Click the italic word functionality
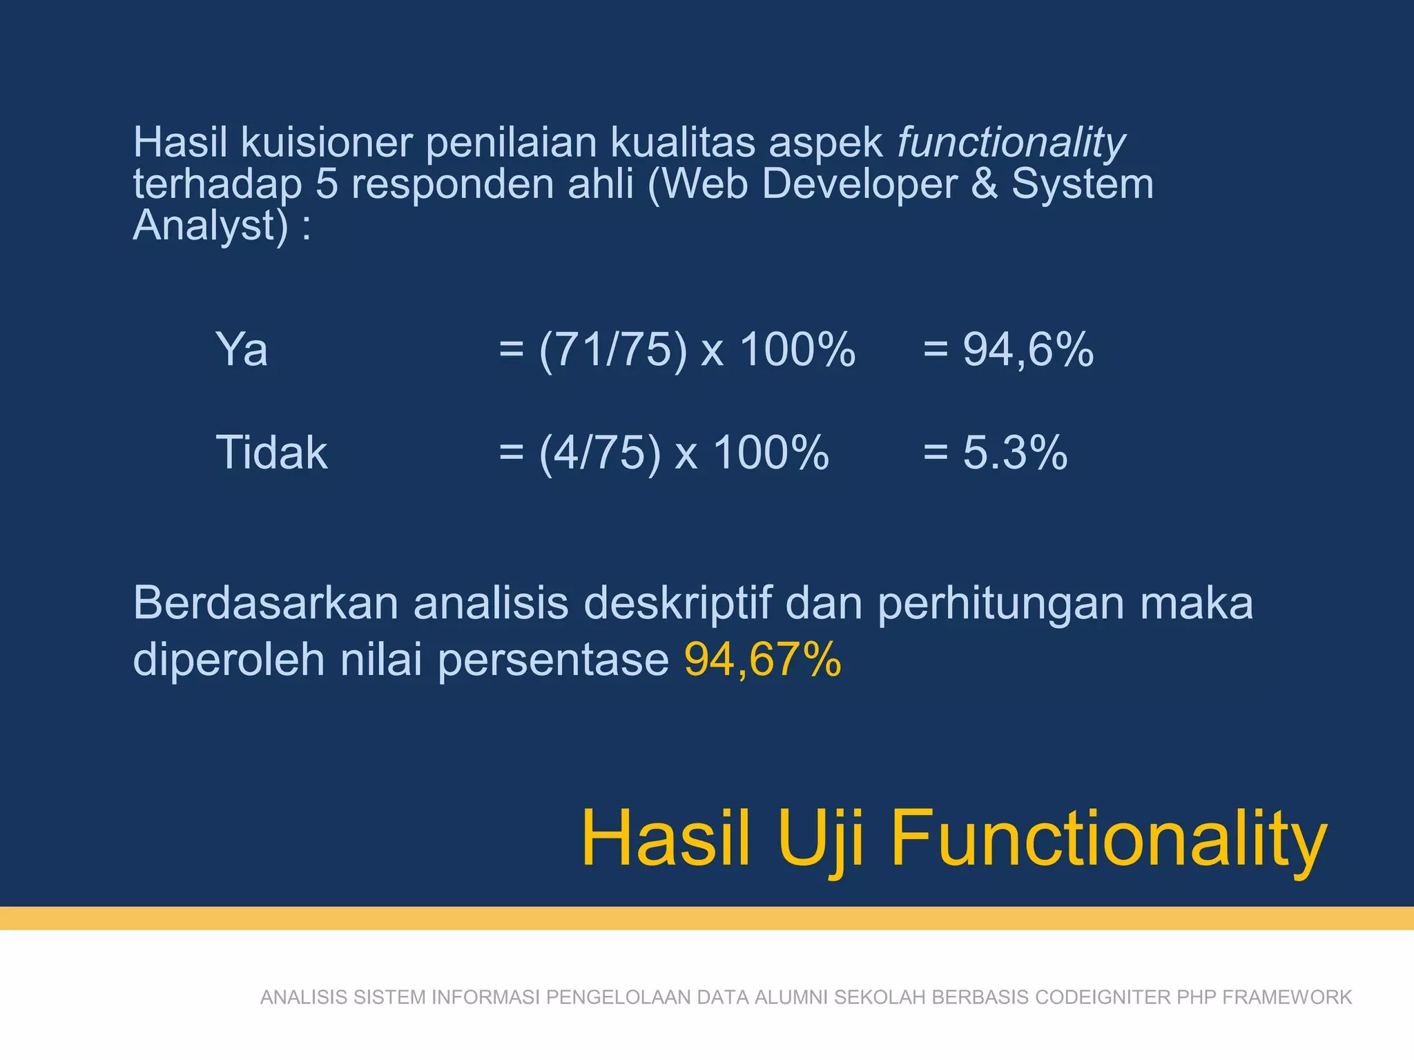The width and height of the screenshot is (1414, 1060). pyautogui.click(x=1011, y=144)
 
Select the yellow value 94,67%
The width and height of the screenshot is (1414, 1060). pyautogui.click(x=762, y=660)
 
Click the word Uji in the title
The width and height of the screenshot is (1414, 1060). pyautogui.click(x=820, y=838)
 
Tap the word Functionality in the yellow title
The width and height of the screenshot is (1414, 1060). pyautogui.click(x=1108, y=838)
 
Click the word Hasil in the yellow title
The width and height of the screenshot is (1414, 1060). pyautogui.click(x=666, y=838)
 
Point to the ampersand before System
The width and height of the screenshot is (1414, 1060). pyautogui.click(x=984, y=184)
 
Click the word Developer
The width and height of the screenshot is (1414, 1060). pyautogui.click(x=860, y=184)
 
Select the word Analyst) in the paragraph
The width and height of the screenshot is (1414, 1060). pyautogui.click(x=210, y=226)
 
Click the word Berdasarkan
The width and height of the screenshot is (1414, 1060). pyautogui.click(x=266, y=603)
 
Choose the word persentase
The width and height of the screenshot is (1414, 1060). pyautogui.click(x=553, y=660)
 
